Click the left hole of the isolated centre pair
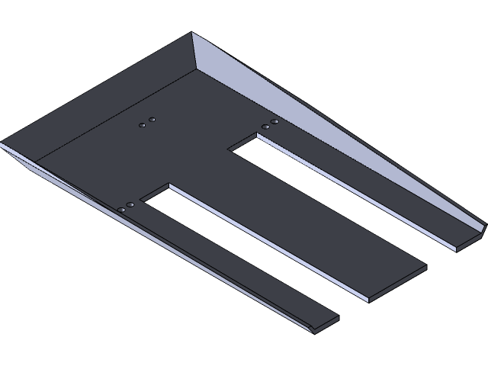[x=142, y=124]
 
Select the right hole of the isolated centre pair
[x=152, y=120]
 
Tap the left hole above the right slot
[x=265, y=126]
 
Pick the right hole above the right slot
[x=274, y=121]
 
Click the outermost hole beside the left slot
[x=122, y=209]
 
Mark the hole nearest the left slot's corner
[x=131, y=204]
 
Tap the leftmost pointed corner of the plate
[x=3, y=143]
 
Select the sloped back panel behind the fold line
[x=114, y=91]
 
